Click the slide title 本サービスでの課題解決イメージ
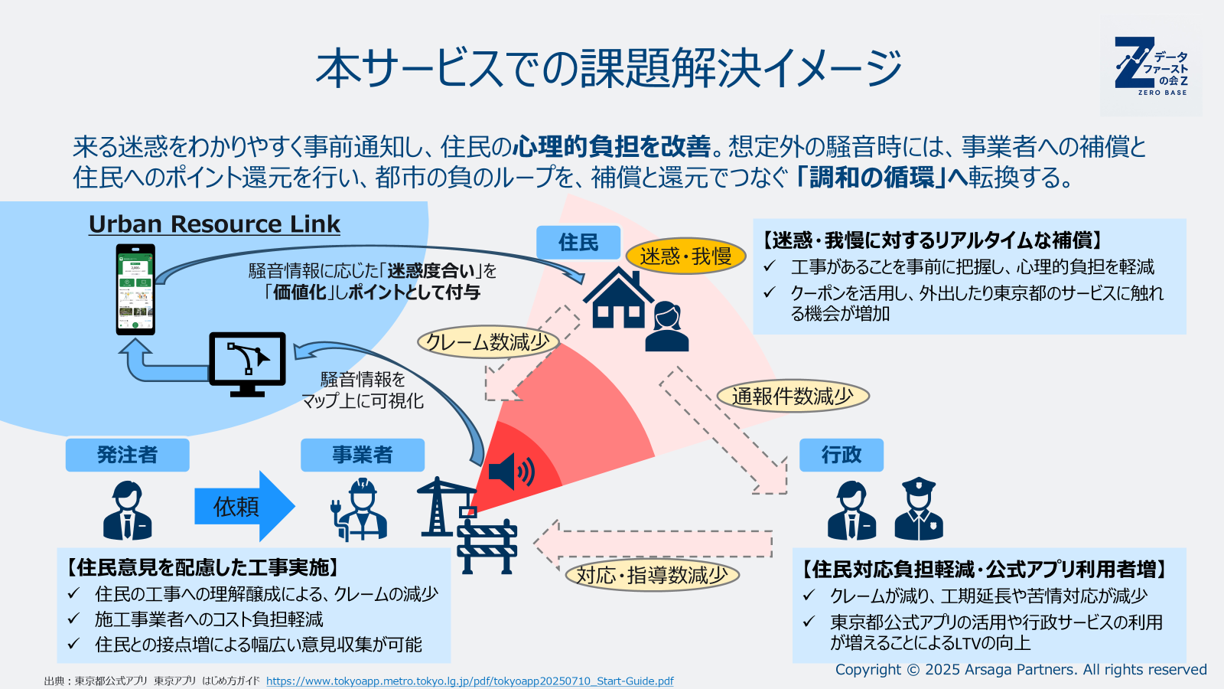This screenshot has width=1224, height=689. [609, 68]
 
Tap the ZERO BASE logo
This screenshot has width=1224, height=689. [1151, 67]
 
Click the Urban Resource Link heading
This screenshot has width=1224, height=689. [214, 224]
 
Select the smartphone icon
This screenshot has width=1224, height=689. [135, 289]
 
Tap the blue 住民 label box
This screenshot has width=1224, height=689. [578, 243]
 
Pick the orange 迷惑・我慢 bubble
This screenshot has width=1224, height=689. [685, 256]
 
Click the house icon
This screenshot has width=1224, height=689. [618, 299]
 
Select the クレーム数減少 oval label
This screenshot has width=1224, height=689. [487, 341]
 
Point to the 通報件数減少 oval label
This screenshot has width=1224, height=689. [793, 396]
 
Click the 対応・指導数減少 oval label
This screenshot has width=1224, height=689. [652, 575]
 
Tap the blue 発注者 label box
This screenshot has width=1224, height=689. [127, 455]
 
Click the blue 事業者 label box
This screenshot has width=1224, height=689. [362, 455]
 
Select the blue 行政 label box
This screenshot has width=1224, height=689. [841, 455]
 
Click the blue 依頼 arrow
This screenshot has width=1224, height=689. [243, 506]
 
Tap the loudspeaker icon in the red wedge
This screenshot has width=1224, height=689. [511, 471]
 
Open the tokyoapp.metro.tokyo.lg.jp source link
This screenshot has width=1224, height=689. [470, 681]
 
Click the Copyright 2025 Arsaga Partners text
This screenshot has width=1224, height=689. [1021, 669]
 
